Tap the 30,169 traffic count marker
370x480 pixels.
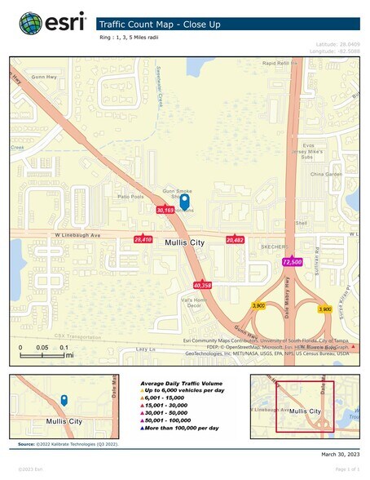pos(165,210)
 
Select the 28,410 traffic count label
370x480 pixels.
pos(143,240)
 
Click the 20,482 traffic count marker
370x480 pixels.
pos(236,241)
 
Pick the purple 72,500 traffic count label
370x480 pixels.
pos(293,262)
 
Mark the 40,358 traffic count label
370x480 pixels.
pos(203,285)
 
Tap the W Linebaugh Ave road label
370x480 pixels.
pos(58,237)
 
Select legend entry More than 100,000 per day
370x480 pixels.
pos(181,427)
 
